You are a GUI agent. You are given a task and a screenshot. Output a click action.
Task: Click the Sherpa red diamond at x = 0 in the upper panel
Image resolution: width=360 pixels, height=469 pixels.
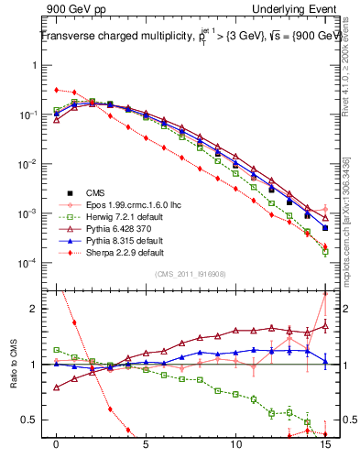pos(57,90)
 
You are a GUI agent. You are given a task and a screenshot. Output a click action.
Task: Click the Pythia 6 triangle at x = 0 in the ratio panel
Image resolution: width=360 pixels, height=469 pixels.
pos(57,387)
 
